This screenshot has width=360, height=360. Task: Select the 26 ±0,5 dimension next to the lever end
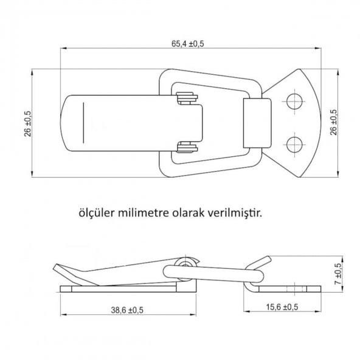click(x=28, y=123)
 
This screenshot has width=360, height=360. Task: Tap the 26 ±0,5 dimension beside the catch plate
click(x=334, y=122)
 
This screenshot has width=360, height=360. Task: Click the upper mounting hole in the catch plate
click(x=295, y=101)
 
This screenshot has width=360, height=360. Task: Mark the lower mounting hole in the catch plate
click(x=295, y=144)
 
